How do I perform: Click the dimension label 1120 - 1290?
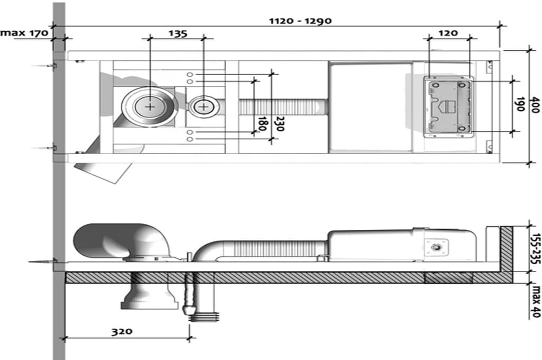(300, 21)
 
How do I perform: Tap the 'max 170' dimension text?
(24, 33)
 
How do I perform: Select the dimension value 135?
(178, 33)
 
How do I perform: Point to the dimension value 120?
(448, 33)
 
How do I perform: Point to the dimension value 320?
(122, 332)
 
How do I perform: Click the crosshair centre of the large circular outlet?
(150, 106)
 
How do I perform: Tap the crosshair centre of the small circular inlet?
(203, 106)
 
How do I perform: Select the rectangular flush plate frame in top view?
(448, 106)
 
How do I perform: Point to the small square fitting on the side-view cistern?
(436, 247)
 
